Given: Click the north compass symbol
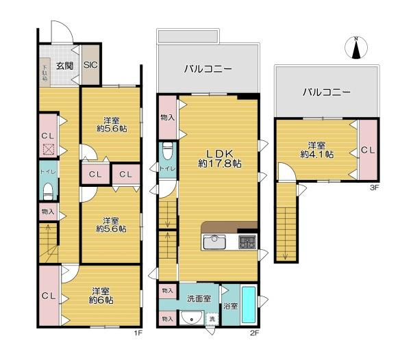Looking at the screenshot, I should coord(356,48).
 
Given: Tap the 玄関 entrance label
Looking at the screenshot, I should coord(64,66).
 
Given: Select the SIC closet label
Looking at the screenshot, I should coord(90,66).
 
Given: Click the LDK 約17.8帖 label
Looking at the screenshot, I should coord(219,158).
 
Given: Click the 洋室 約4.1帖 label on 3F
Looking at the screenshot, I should coord(316,150).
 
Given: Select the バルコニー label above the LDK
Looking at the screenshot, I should coord(208,68).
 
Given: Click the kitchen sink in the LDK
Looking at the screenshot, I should coord(215,242).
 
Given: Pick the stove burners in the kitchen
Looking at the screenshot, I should coord(247,242).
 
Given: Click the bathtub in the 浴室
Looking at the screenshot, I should coord(249,305).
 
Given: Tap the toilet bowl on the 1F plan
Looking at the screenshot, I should coord(48,190).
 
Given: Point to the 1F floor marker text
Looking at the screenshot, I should coord(137,333).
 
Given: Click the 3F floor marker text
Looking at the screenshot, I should coord(374,187).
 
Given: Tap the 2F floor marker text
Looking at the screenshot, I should coord(253,333).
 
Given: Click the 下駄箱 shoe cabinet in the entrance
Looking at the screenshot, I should coord(45,71).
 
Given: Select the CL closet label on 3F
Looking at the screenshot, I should coord(367,150).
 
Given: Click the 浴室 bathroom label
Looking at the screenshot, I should coord(229,306).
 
